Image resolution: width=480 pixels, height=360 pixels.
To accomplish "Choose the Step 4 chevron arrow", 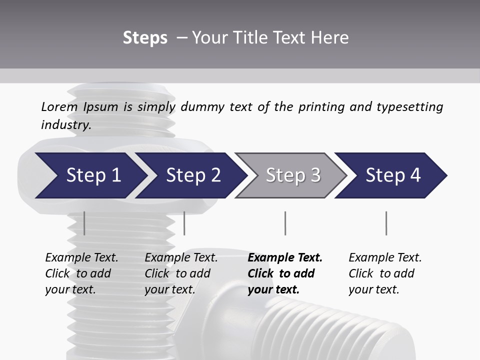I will pyautogui.click(x=393, y=175).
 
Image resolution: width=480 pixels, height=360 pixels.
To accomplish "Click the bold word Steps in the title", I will pyautogui.click(x=145, y=38).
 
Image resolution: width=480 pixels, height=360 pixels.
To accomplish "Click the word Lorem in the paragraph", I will pyautogui.click(x=59, y=107).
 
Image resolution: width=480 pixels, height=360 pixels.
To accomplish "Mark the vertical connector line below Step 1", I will pyautogui.click(x=84, y=223).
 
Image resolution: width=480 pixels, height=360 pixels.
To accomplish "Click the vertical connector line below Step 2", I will pyautogui.click(x=184, y=223).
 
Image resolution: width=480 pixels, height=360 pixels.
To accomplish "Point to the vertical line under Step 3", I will pyautogui.click(x=285, y=223).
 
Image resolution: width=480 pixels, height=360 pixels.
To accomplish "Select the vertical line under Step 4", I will pyautogui.click(x=386, y=223).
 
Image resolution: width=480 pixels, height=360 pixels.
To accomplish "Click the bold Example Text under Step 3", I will pyautogui.click(x=285, y=258).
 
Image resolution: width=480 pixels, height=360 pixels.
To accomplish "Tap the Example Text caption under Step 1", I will pyautogui.click(x=81, y=258).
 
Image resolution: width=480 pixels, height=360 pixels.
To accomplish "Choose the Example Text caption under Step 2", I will pyautogui.click(x=181, y=258).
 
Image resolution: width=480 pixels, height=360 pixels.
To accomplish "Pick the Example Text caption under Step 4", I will pyautogui.click(x=385, y=258).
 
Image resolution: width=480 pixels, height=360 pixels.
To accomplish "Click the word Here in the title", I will pyautogui.click(x=332, y=38).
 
